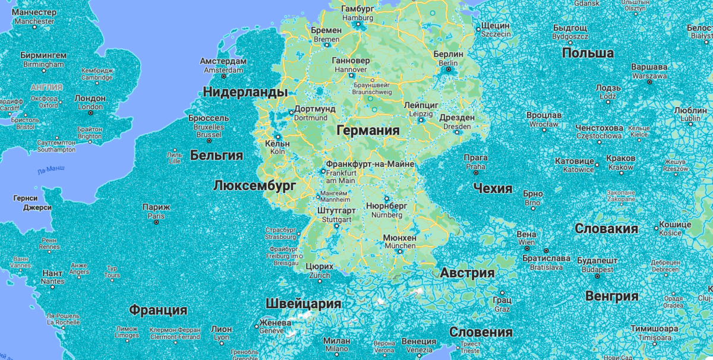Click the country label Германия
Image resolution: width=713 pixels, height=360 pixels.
pos(367,130)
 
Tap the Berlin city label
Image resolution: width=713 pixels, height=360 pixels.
pos(448,58)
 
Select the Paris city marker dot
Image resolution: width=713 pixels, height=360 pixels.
pos(156,222)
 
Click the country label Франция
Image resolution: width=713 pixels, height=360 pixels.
pos(158,310)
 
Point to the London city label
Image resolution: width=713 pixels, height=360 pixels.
pos(90,102)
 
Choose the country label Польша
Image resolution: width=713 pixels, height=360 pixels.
pos(588,53)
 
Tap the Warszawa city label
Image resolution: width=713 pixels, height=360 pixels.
pos(649,71)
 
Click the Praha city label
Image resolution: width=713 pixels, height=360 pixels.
pos(475,162)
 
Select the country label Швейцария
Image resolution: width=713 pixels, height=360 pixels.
pos(303,304)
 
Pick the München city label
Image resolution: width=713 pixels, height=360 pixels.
pos(400,242)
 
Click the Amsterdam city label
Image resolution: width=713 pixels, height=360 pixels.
pos(223,65)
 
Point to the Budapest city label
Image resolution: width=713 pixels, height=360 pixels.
pos(597,265)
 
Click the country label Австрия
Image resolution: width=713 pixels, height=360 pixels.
pos(467,273)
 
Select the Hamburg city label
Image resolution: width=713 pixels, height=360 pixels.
pos(358,13)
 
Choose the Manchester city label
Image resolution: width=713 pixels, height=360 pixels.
pos(34,17)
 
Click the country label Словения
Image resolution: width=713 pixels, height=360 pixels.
pos(481,332)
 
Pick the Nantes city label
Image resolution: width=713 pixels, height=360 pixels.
pos(53,277)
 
